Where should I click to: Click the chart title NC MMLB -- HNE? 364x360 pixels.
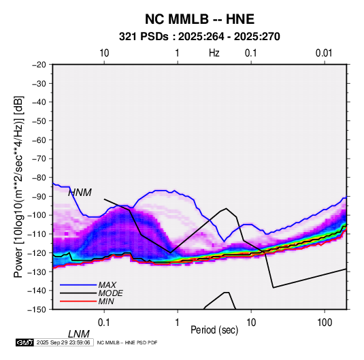pyautogui.click(x=199, y=19)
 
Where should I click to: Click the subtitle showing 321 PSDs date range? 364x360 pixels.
pyautogui.click(x=199, y=37)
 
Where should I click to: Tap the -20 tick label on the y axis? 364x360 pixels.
pyautogui.click(x=39, y=65)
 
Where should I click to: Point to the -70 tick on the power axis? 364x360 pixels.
pyautogui.click(x=39, y=159)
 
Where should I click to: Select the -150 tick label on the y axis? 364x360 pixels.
pyautogui.click(x=37, y=310)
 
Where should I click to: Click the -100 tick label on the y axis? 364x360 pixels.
pyautogui.click(x=37, y=215)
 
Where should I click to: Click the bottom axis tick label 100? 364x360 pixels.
pyautogui.click(x=325, y=323)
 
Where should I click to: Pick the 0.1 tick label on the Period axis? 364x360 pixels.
pyautogui.click(x=104, y=323)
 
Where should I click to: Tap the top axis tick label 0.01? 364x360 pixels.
pyautogui.click(x=324, y=53)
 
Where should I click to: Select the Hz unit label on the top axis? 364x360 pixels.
pyautogui.click(x=214, y=53)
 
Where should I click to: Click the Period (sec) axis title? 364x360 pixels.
pyautogui.click(x=214, y=329)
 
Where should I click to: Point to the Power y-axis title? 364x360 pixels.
pyautogui.click(x=18, y=186)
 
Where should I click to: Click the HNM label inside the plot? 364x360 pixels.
pyautogui.click(x=80, y=193)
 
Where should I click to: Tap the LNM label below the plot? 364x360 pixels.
pyautogui.click(x=79, y=334)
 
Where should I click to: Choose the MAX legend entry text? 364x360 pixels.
pyautogui.click(x=107, y=284)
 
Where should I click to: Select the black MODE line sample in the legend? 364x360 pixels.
pyautogui.click(x=78, y=293)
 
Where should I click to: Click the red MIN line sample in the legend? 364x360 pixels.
pyautogui.click(x=78, y=301)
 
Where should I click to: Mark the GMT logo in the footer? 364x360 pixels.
pyautogui.click(x=25, y=342)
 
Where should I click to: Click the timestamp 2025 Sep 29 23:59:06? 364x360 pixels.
pyautogui.click(x=63, y=342)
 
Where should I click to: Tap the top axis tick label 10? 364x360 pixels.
pyautogui.click(x=104, y=53)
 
